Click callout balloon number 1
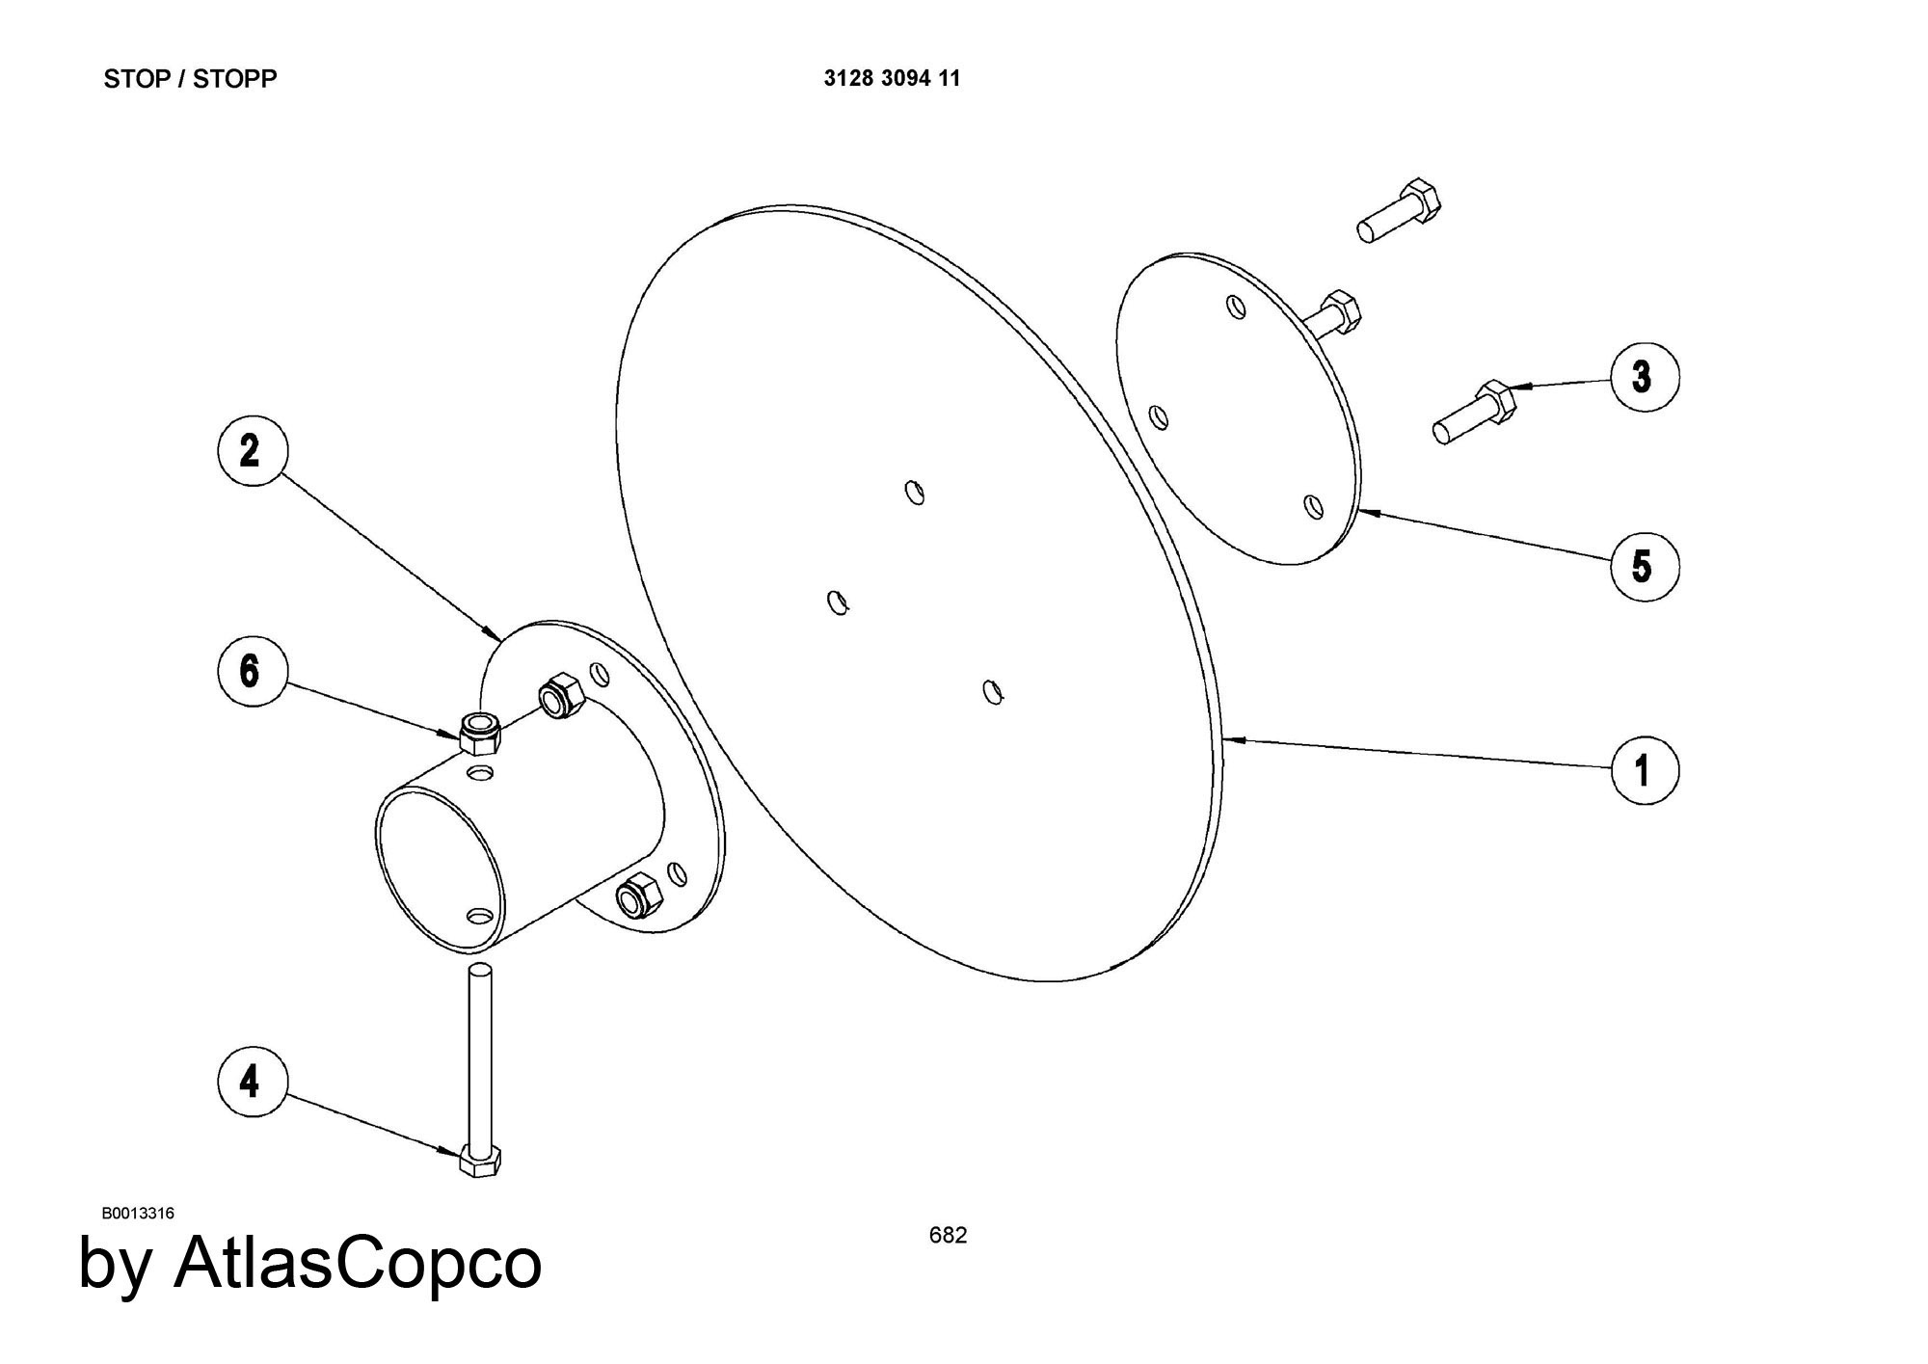1644,769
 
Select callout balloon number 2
250,450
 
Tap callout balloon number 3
1644,376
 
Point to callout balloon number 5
1644,566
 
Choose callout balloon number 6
250,670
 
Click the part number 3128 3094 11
892,79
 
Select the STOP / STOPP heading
190,79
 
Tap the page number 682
948,1235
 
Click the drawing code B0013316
138,1213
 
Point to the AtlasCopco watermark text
310,1263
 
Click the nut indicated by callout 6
480,735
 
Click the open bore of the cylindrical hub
439,868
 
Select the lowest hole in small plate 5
1313,506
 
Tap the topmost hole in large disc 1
914,492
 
